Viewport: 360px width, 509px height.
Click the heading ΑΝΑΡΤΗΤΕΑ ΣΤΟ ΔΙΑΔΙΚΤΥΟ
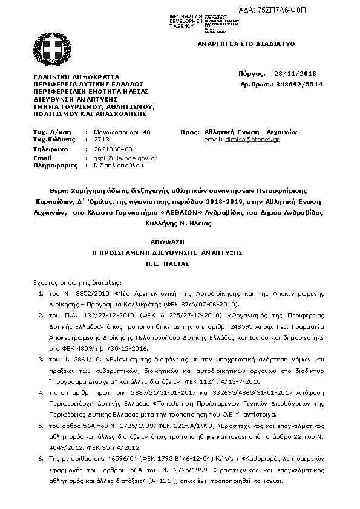pyautogui.click(x=246, y=44)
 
